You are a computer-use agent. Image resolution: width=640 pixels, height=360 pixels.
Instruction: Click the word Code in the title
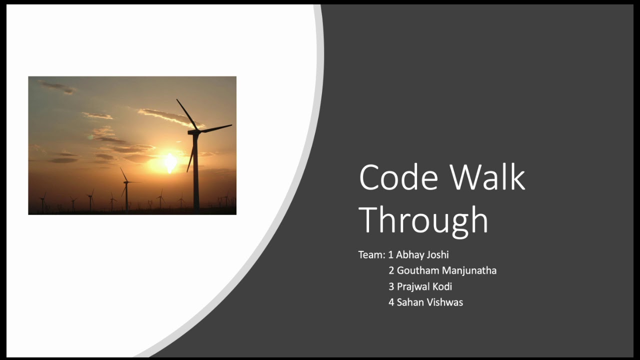click(x=398, y=177)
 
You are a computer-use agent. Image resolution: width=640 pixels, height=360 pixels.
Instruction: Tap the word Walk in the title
click(x=487, y=177)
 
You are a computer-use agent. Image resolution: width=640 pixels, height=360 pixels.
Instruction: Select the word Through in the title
click(x=423, y=220)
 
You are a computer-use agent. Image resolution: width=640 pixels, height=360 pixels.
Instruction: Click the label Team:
click(x=371, y=255)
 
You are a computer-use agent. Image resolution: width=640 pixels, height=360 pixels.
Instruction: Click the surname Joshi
click(x=438, y=255)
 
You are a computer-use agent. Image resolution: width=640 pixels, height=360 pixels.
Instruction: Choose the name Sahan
click(x=410, y=302)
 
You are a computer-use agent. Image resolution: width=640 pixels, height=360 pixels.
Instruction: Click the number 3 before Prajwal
click(x=391, y=286)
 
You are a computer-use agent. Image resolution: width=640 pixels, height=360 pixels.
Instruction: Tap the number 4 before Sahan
click(x=391, y=302)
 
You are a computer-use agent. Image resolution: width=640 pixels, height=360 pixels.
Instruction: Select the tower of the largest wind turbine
click(x=196, y=175)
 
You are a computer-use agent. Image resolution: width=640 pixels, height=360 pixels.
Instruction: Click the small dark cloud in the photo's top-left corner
click(x=58, y=87)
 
